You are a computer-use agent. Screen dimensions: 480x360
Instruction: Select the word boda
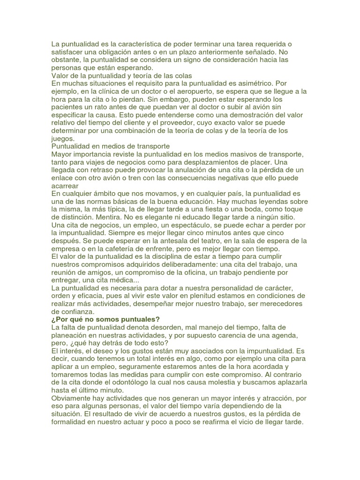[264, 210]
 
